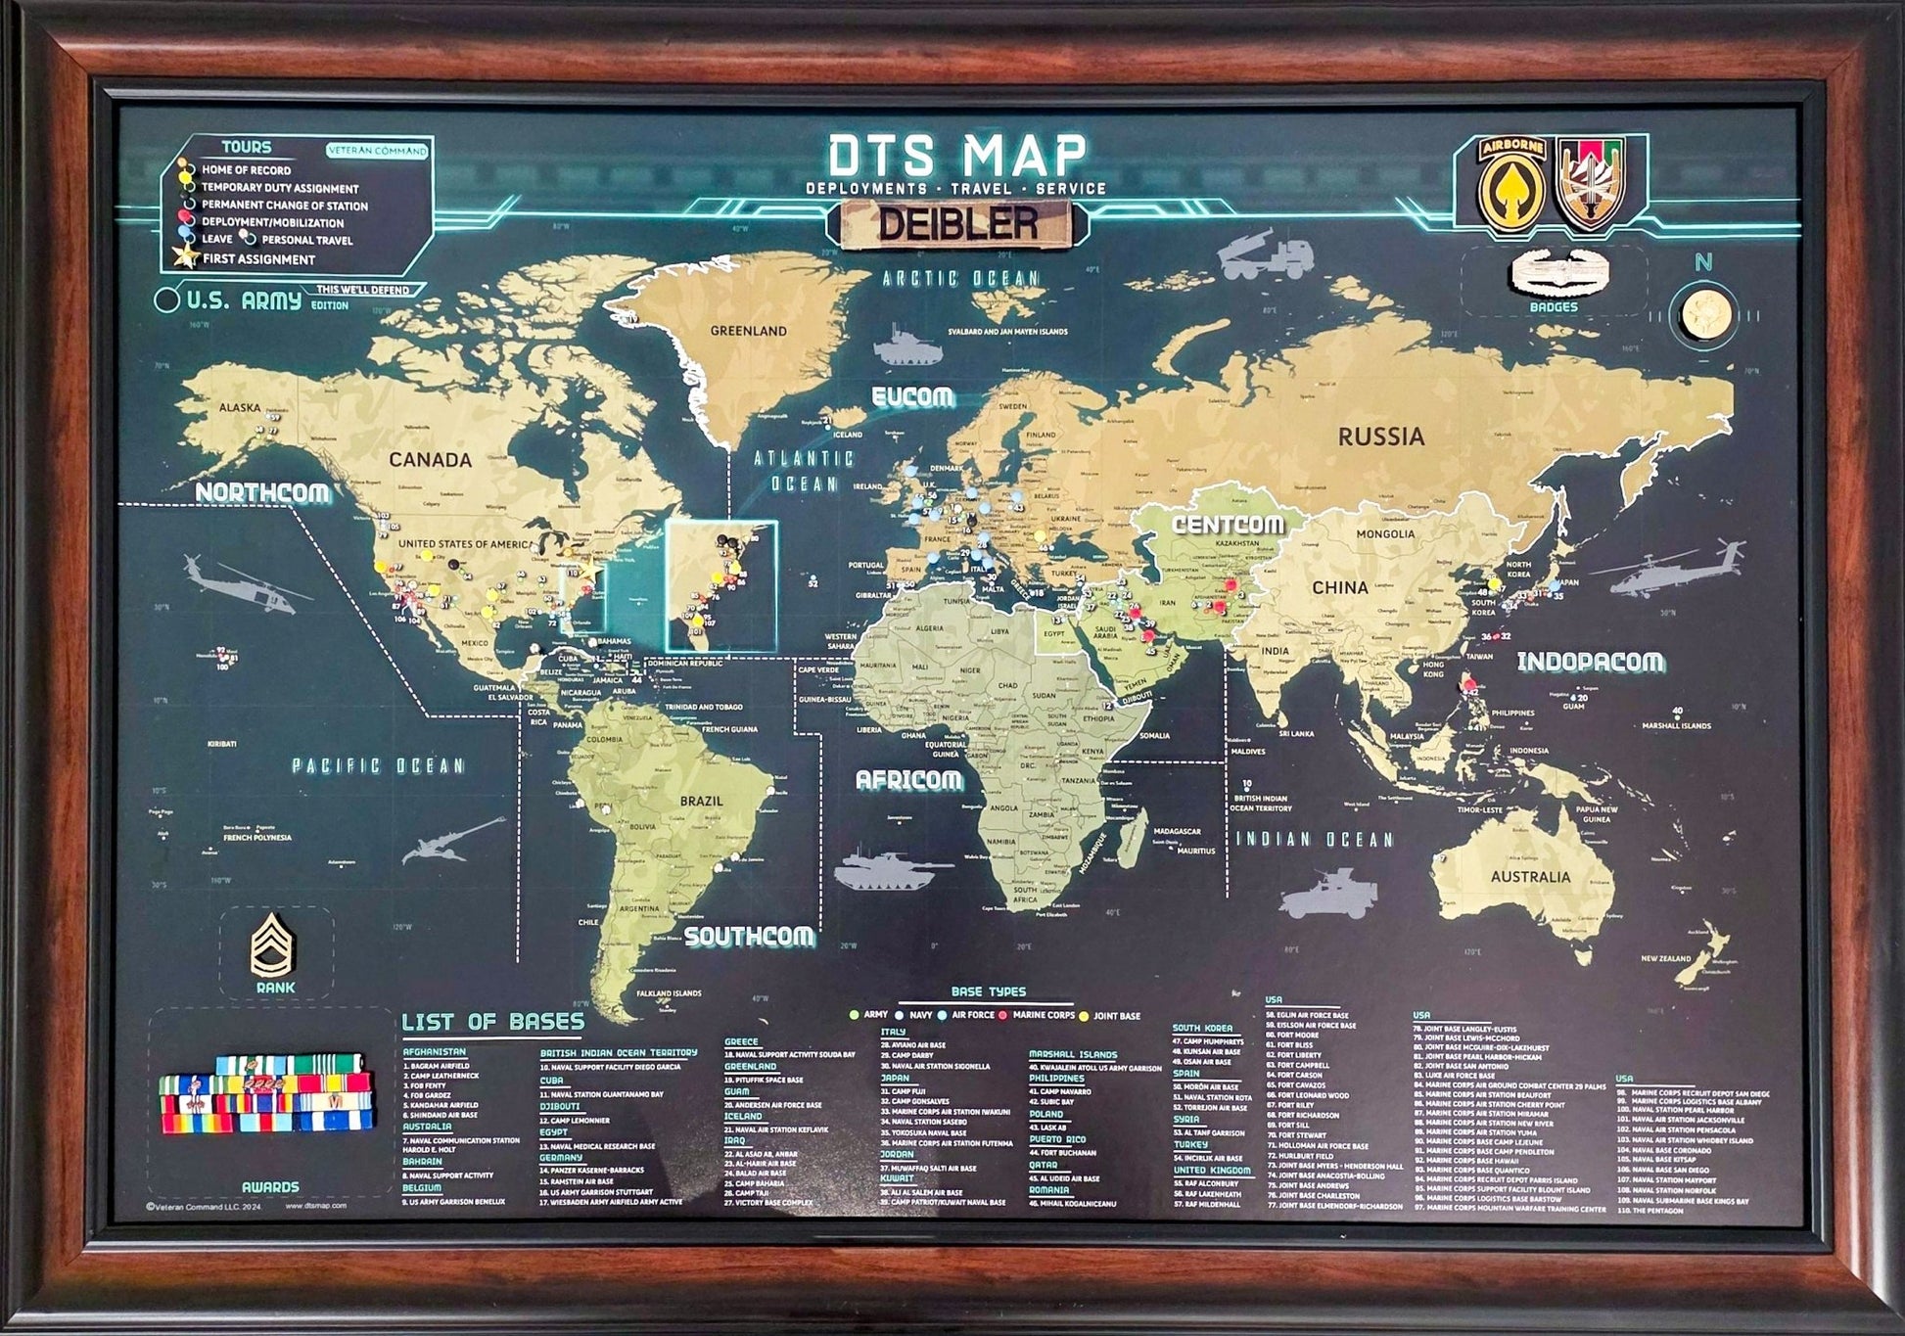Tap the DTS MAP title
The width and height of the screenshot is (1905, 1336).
click(956, 155)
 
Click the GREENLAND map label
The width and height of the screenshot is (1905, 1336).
click(748, 331)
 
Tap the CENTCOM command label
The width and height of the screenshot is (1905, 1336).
click(1228, 525)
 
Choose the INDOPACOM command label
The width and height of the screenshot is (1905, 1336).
click(1591, 663)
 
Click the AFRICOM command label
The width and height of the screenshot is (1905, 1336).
click(908, 780)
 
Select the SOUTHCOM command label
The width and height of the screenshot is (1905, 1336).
click(749, 937)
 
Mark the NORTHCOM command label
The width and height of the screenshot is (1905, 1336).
click(262, 492)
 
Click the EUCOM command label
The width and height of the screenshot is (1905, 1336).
click(912, 396)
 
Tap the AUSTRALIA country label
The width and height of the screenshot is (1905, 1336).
click(1530, 877)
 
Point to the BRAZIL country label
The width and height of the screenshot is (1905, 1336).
click(701, 801)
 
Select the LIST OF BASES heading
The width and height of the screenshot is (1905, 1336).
click(493, 1023)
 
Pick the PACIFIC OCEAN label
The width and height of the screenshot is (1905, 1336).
click(379, 765)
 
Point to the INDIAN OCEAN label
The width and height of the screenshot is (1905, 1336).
click(1314, 840)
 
